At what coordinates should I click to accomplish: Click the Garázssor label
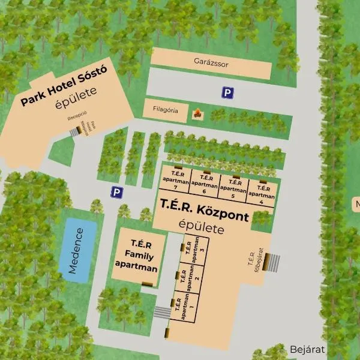click(211, 61)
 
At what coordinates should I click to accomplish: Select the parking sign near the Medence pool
click(116, 192)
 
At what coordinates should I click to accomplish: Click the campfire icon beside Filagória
click(196, 112)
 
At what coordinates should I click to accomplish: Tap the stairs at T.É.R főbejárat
click(273, 263)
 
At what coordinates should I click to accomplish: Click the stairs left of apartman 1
click(162, 312)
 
